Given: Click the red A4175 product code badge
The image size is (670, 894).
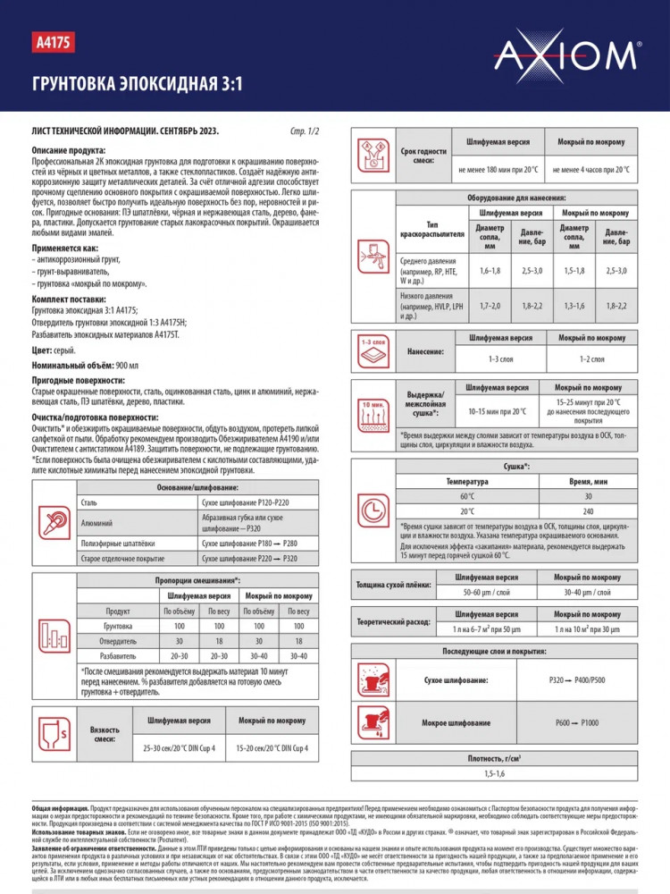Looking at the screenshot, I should (53, 41).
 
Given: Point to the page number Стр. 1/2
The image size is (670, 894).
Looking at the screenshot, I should (305, 131).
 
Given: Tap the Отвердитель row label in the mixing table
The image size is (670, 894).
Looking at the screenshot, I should (118, 641).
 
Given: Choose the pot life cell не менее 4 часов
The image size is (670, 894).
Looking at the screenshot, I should (590, 169).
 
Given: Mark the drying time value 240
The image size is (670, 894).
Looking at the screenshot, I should (587, 511).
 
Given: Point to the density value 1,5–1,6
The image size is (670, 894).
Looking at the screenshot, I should (494, 772).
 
